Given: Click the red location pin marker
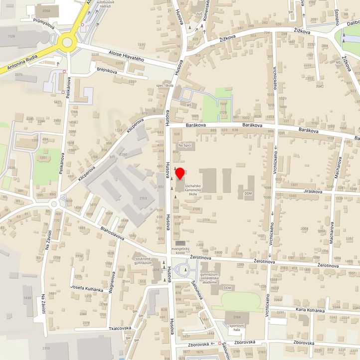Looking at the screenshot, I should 180,174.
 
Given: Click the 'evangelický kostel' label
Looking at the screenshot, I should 181,250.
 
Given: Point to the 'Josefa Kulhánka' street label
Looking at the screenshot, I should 87,290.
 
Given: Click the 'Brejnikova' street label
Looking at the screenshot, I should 107,71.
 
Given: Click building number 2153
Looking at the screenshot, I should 143,198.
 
